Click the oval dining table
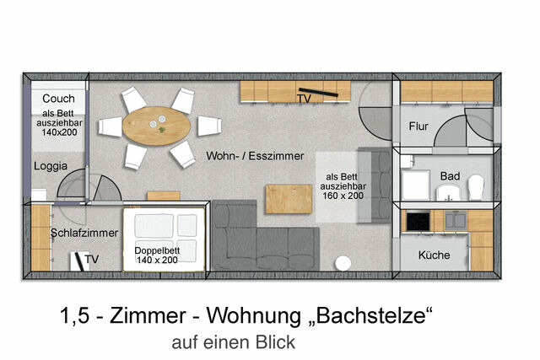pyautogui.click(x=158, y=126)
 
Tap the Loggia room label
pyautogui.click(x=51, y=166)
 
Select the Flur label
pyautogui.click(x=418, y=126)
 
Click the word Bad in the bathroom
pyautogui.click(x=450, y=175)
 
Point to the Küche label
pyautogui.click(x=435, y=255)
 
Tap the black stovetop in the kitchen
pyautogui.click(x=418, y=221)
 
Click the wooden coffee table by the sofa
pyautogui.click(x=283, y=199)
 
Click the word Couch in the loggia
pyautogui.click(x=58, y=99)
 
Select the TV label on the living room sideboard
pyautogui.click(x=305, y=99)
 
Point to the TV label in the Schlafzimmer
pyautogui.click(x=92, y=259)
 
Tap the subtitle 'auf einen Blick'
pyautogui.click(x=233, y=343)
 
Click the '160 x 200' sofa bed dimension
pyautogui.click(x=343, y=195)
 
